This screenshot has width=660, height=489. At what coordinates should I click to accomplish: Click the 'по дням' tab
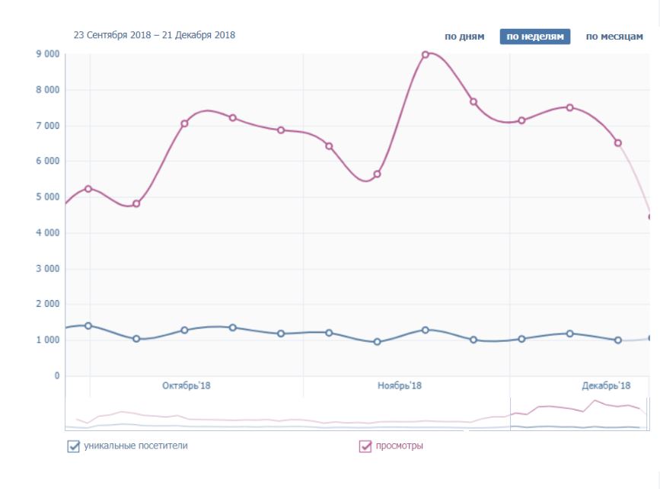(464, 37)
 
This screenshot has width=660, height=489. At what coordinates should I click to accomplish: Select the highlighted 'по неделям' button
(535, 37)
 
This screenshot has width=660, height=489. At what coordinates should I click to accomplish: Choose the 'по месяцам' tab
(614, 37)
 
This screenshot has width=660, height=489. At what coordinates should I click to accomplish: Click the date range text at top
(155, 35)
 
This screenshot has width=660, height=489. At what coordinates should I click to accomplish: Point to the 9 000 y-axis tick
(47, 54)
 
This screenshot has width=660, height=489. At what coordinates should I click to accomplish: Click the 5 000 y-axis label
(47, 197)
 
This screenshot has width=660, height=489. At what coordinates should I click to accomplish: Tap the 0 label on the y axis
(56, 376)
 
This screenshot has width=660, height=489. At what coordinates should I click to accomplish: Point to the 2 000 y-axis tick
(47, 305)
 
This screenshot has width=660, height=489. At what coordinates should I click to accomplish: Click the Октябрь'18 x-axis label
(187, 386)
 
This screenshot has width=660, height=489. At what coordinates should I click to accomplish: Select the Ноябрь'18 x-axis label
(400, 386)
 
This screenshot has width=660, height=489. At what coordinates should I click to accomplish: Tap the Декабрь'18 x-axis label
(607, 386)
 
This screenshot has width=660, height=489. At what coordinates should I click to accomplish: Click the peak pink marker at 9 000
(426, 54)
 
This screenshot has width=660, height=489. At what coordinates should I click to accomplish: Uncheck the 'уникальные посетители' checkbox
(74, 446)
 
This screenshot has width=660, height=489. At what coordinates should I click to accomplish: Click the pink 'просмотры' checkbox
(365, 446)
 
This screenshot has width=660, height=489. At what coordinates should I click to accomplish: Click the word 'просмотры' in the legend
(400, 446)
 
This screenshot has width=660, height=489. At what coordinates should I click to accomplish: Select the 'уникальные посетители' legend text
(136, 446)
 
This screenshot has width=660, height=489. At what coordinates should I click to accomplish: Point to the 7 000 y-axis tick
(47, 126)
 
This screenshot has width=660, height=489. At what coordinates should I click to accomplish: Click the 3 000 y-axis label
(47, 269)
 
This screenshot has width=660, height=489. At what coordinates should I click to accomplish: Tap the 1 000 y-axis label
(47, 340)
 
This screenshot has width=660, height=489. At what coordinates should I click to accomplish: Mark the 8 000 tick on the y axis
(47, 90)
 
